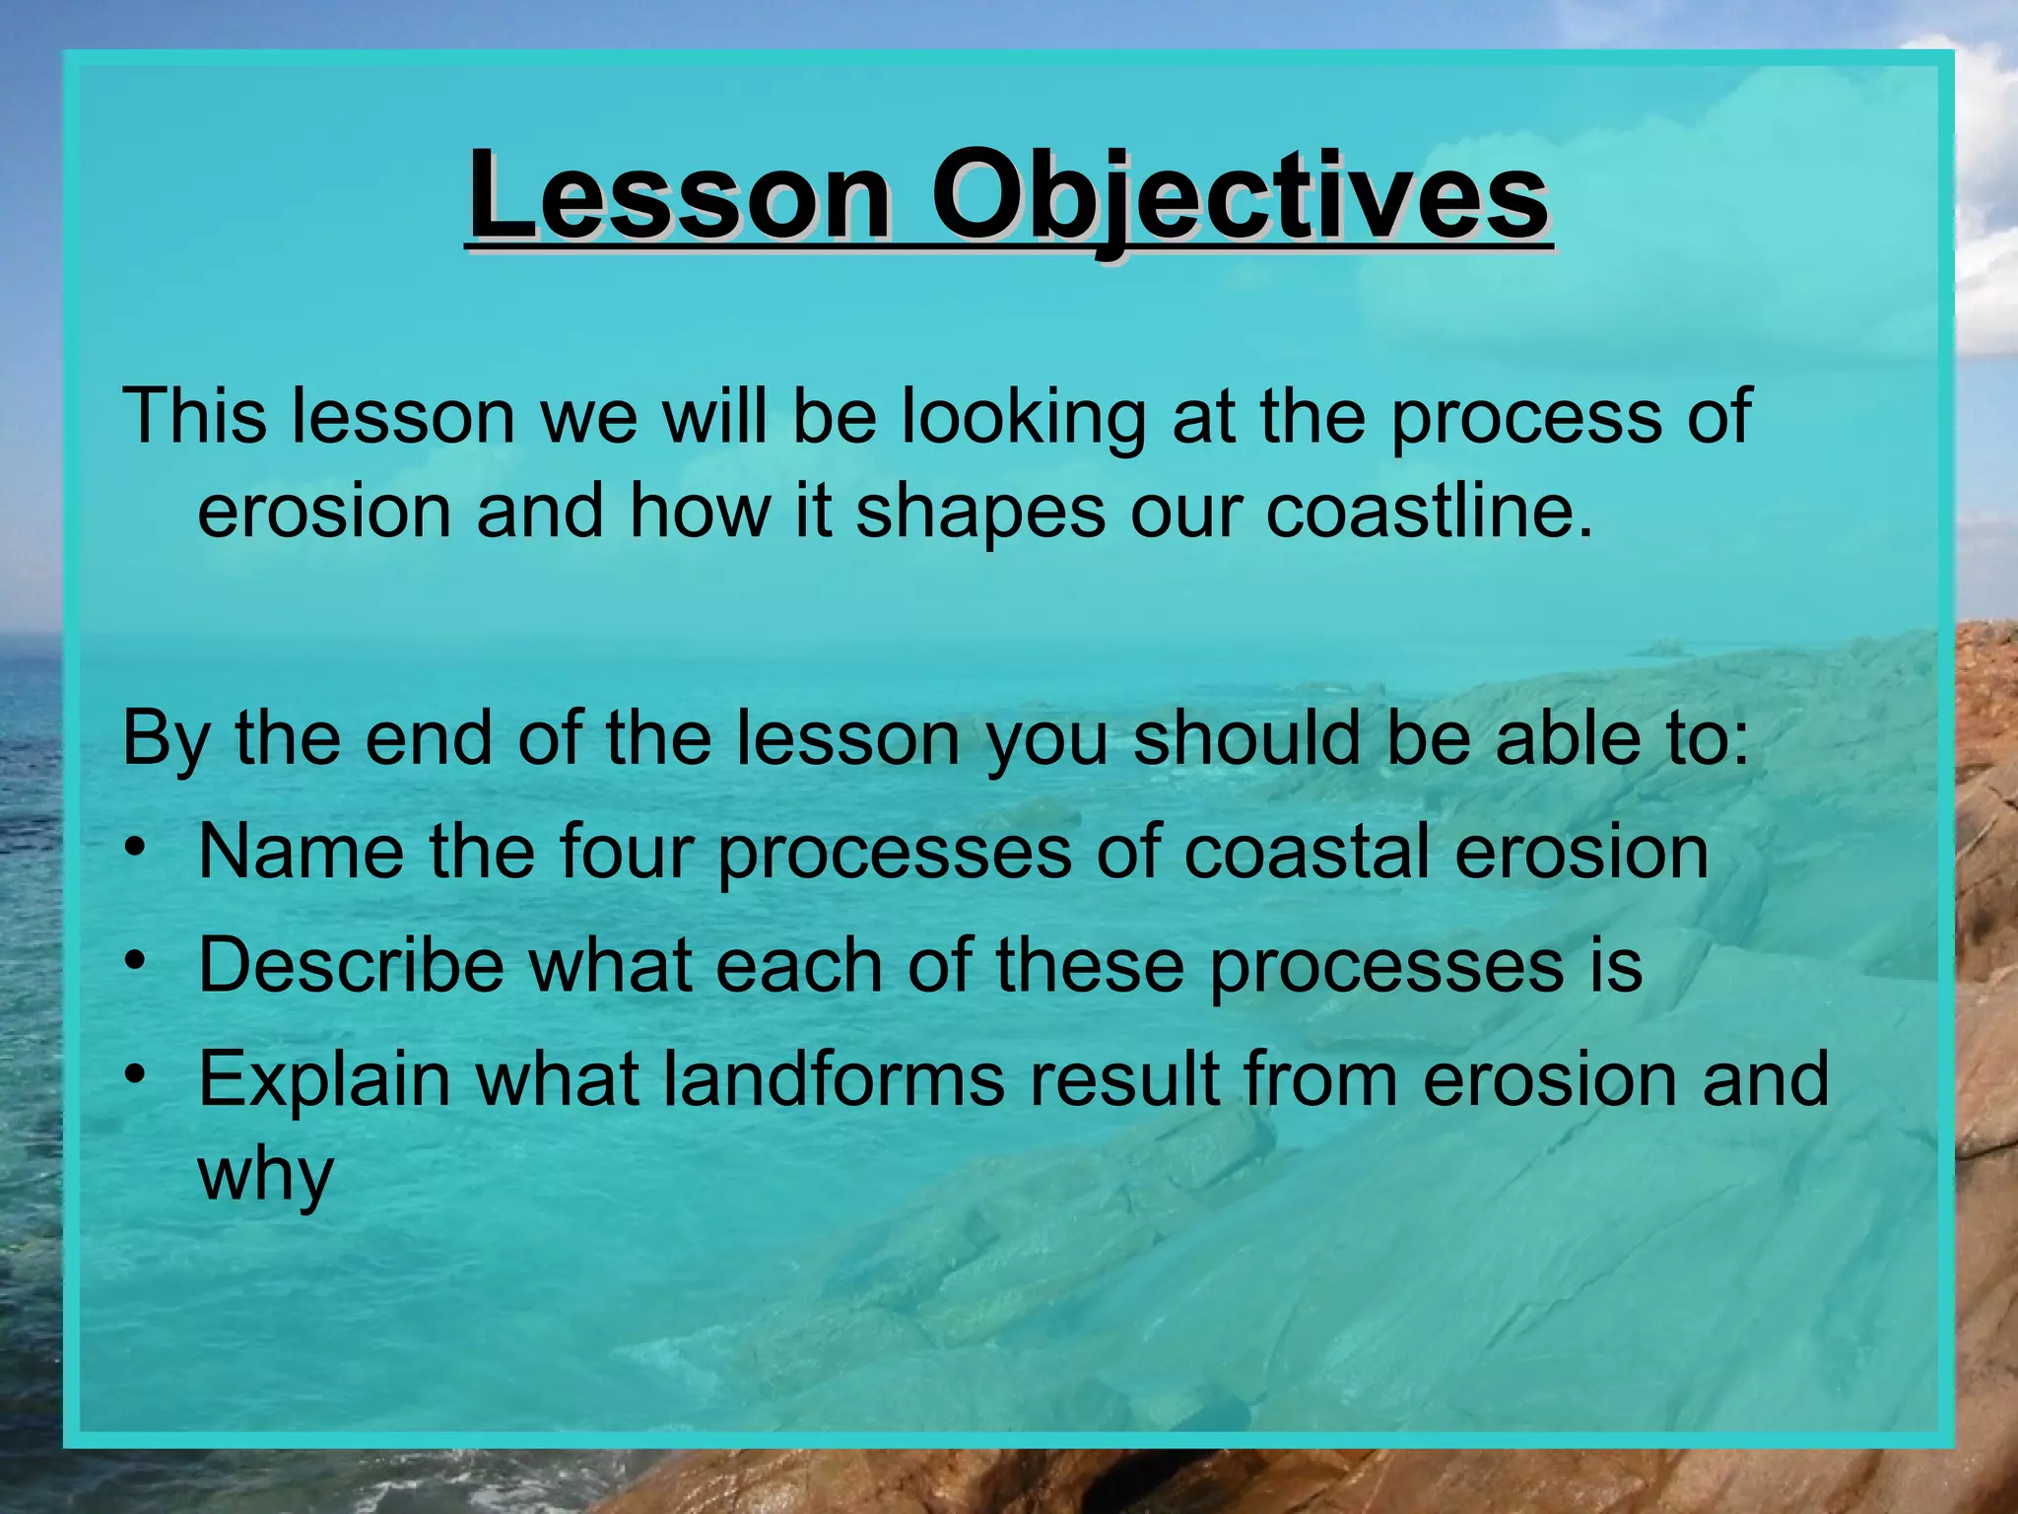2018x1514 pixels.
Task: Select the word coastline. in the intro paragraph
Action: [x=1428, y=513]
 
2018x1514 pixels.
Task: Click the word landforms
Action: [x=834, y=1078]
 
